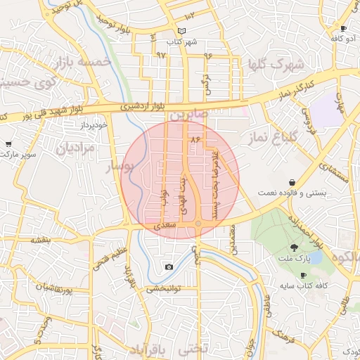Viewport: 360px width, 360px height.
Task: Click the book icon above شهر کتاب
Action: [x=182, y=31]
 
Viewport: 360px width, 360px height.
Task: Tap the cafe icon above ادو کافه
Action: [x=343, y=28]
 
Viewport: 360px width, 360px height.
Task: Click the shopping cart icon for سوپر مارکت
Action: [x=8, y=143]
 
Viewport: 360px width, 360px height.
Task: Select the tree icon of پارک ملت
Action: [x=293, y=247]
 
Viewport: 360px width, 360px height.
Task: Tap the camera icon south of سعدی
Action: [x=169, y=266]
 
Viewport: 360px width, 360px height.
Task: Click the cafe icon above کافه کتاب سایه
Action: [x=303, y=275]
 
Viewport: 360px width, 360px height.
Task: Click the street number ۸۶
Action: [x=195, y=140]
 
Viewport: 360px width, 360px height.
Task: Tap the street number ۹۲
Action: [x=161, y=54]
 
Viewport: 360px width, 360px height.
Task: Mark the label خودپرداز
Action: [x=93, y=124]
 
